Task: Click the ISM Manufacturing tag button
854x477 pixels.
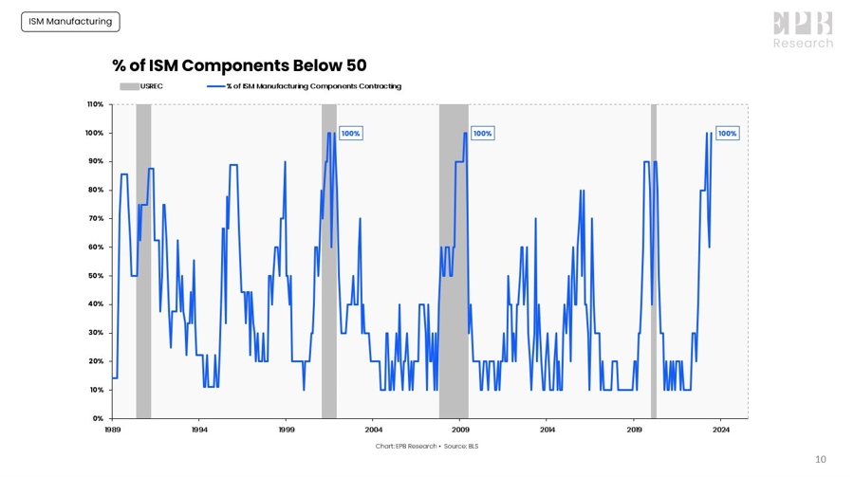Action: click(x=70, y=21)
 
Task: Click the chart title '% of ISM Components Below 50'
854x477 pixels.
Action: click(x=239, y=64)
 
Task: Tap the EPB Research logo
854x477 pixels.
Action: click(x=803, y=30)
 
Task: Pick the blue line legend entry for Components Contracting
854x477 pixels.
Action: click(x=305, y=86)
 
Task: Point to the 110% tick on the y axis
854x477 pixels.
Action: click(x=96, y=104)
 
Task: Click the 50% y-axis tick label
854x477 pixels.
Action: click(x=97, y=276)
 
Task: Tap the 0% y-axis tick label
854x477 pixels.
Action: click(x=99, y=418)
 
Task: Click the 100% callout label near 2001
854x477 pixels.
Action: click(x=350, y=134)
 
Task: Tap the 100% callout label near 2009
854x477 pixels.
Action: click(x=482, y=134)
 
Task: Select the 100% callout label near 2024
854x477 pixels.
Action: click(x=727, y=134)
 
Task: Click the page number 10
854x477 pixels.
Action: click(x=821, y=460)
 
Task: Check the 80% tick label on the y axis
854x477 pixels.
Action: click(x=97, y=190)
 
